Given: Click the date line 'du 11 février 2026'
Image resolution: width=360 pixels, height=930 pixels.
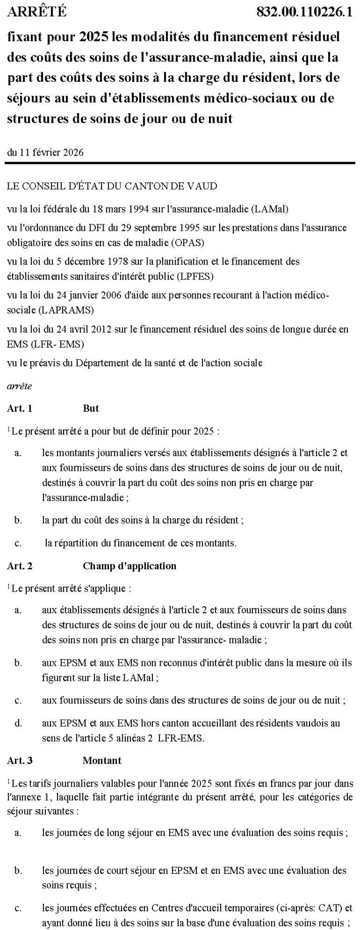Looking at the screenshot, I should coord(45,153).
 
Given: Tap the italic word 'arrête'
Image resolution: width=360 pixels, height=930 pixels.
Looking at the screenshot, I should coord(19,386).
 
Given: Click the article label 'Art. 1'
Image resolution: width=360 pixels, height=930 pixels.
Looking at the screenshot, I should coord(20,408).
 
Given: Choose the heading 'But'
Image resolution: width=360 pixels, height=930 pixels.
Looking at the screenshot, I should coord(91,408).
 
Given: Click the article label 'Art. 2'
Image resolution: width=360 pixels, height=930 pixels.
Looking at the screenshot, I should coord(20,566).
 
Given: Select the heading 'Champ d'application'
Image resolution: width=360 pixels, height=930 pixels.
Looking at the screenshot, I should coord(130,566).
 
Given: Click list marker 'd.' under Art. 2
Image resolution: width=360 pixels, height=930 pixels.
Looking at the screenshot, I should coord(18,723).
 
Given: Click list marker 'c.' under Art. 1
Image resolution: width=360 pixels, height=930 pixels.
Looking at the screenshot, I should coord(18,543).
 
